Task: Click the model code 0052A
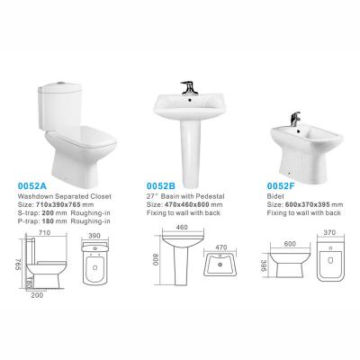tap(32, 186)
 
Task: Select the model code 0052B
tap(161, 186)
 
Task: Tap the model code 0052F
tap(281, 186)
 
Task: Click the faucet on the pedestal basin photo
tap(188, 87)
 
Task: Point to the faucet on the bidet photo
tap(295, 119)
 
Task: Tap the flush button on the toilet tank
tap(61, 82)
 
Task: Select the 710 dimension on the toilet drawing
tap(45, 232)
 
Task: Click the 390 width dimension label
tap(94, 236)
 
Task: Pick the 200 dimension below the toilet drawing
tap(37, 295)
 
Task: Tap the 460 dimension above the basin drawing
tap(182, 227)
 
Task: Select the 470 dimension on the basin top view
tap(221, 247)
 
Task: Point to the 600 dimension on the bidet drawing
tap(290, 244)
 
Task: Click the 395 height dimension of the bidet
tap(264, 265)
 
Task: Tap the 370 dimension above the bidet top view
tap(329, 232)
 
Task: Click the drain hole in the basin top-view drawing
tap(220, 265)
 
